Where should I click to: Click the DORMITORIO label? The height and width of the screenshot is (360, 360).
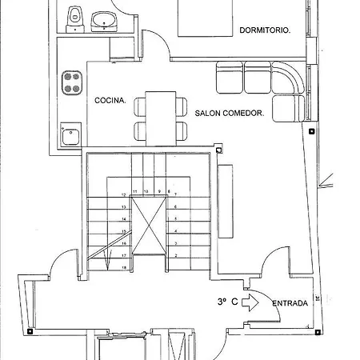click(265, 31)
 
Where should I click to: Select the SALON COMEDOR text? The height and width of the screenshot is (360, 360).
click(230, 114)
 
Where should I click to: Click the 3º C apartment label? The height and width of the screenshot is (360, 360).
click(226, 302)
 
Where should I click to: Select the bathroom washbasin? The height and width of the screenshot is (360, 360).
click(103, 19)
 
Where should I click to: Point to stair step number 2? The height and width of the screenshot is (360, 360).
click(175, 255)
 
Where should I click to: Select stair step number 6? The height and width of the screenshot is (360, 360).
click(175, 206)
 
